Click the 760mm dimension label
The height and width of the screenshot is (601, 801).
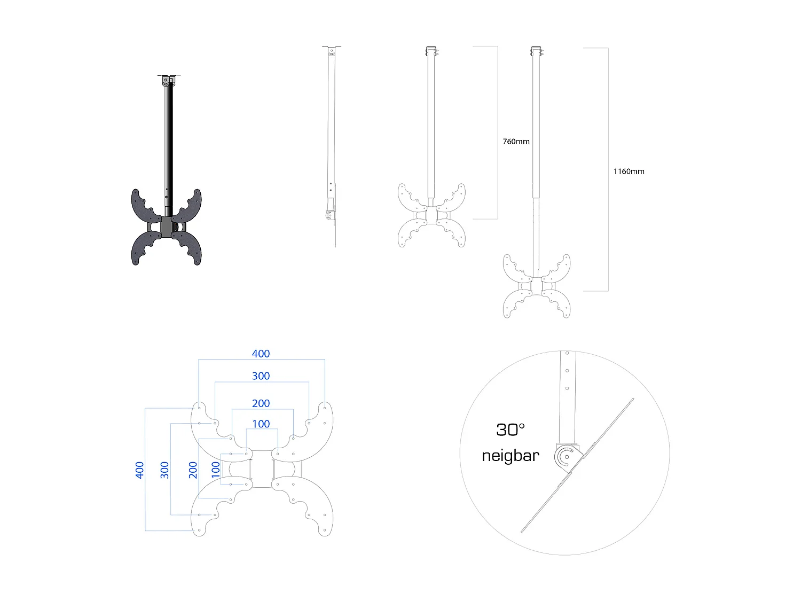516,142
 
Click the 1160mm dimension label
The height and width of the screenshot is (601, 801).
629,171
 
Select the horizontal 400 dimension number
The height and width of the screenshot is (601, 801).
261,354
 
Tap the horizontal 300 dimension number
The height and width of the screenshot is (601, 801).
261,376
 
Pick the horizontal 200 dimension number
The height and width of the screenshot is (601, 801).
261,403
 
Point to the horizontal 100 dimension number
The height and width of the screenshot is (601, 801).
261,424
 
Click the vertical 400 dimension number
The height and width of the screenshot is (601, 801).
139,470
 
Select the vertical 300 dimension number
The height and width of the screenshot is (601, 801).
164,470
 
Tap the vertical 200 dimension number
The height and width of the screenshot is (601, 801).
193,470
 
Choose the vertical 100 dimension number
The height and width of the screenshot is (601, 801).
215,470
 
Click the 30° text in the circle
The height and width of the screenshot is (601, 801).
510,430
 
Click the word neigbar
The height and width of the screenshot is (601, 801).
510,456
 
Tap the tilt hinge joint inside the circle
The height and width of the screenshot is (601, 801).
566,457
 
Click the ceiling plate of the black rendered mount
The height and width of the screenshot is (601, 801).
169,76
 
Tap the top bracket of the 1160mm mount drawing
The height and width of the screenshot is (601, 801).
536,51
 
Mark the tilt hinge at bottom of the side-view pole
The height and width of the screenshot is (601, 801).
330,215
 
